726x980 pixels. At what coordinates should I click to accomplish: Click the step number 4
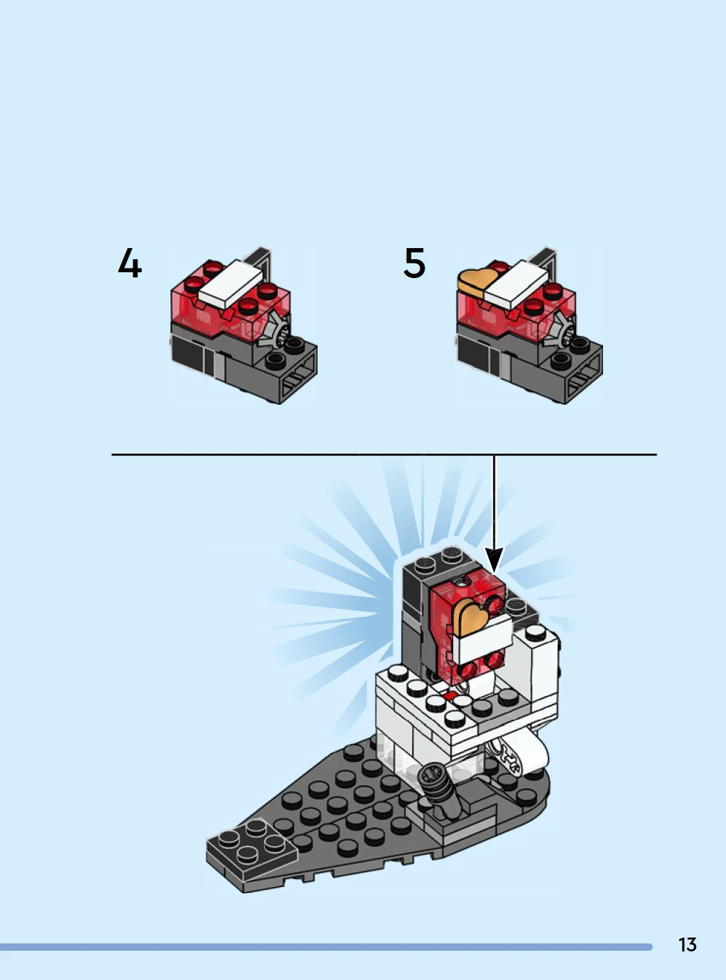(130, 263)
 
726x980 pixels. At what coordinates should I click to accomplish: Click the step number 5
(414, 263)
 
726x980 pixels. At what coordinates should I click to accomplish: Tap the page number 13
(687, 945)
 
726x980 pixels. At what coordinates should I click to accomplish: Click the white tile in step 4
(231, 283)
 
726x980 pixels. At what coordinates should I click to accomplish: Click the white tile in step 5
(517, 284)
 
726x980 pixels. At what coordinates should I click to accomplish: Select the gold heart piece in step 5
(476, 280)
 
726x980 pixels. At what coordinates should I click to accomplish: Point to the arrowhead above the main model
(495, 560)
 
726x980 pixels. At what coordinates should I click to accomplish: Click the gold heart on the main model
(472, 616)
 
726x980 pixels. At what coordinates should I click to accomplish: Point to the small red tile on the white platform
(450, 697)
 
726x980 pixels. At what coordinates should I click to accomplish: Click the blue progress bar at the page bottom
(326, 947)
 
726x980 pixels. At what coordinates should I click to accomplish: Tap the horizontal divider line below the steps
(384, 455)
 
